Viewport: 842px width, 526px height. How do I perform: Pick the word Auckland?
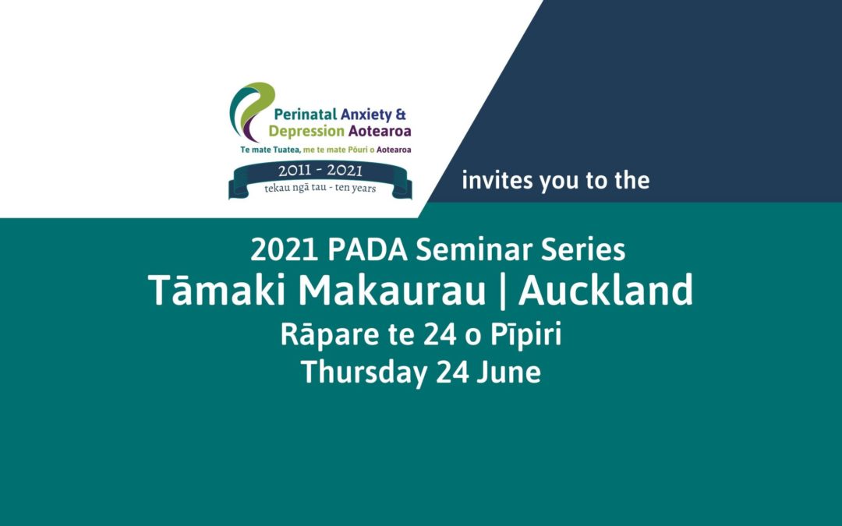pos(606,291)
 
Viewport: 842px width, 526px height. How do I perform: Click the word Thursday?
pos(364,372)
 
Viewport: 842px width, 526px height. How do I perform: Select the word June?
pos(509,372)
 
